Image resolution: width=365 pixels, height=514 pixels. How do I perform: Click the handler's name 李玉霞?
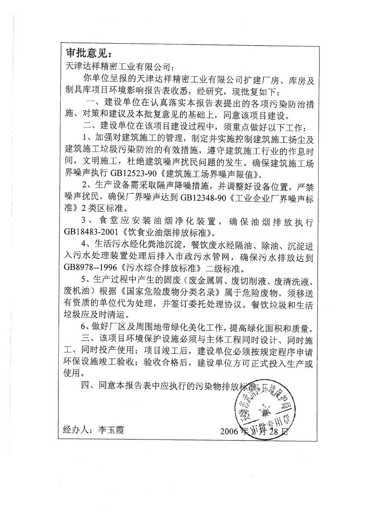pyautogui.click(x=110, y=454)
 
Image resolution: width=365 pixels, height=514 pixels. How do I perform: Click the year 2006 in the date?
pyautogui.click(x=230, y=454)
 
